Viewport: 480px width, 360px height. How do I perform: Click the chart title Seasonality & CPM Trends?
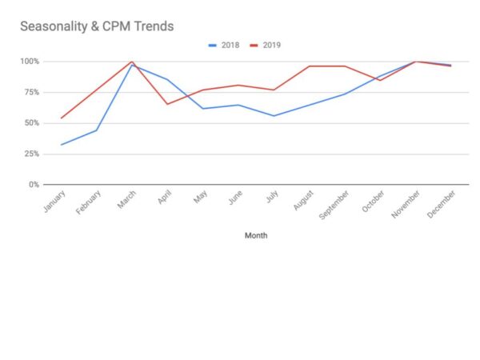[97, 26]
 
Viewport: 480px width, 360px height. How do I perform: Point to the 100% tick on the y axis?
[30, 62]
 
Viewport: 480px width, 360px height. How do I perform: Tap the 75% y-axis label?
[31, 92]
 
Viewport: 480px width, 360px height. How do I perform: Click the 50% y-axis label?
[31, 123]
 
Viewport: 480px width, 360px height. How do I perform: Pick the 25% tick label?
[31, 154]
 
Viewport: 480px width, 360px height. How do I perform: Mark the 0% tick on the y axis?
[34, 185]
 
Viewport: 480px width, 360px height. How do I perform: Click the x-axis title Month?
[256, 236]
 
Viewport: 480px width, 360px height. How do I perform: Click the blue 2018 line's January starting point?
[61, 145]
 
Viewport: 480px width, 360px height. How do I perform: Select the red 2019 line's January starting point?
[61, 118]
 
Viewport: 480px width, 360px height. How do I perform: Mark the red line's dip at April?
[166, 104]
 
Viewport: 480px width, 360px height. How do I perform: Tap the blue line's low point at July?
[274, 116]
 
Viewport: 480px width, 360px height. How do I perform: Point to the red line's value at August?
[310, 66]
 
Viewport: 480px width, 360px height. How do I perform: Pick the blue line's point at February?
[96, 130]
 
